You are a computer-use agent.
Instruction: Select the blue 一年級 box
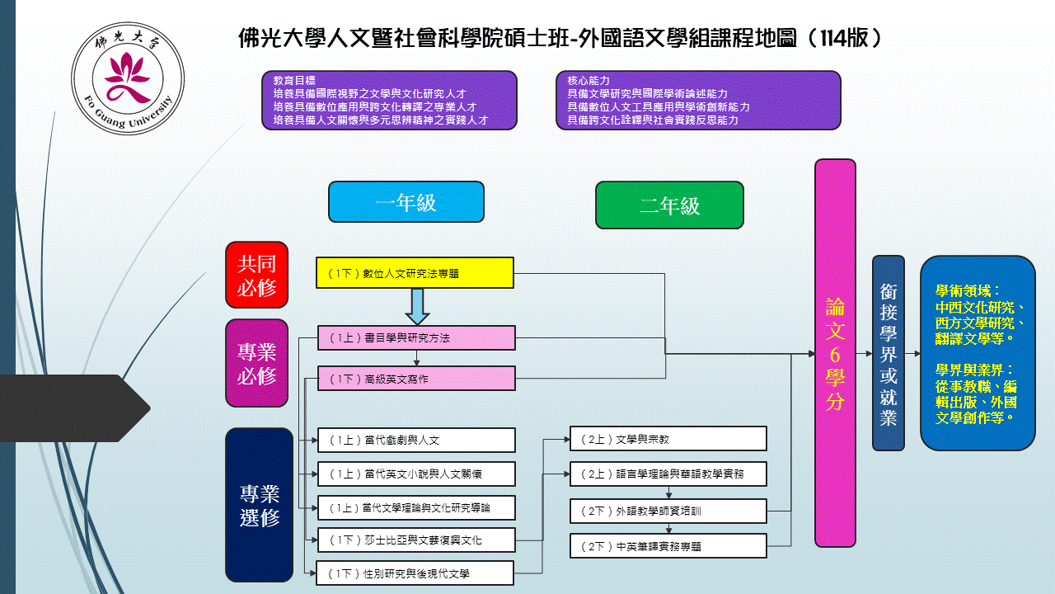pyautogui.click(x=406, y=202)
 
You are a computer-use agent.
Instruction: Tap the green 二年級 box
pyautogui.click(x=669, y=205)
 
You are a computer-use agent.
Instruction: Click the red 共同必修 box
pyautogui.click(x=257, y=274)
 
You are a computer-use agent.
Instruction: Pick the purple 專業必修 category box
pyautogui.click(x=257, y=363)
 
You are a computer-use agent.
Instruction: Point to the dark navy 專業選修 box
pyautogui.click(x=260, y=504)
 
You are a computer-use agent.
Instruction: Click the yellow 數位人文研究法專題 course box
pyautogui.click(x=415, y=273)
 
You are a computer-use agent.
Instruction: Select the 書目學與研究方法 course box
pyautogui.click(x=416, y=337)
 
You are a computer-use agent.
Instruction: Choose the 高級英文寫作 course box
pyautogui.click(x=416, y=379)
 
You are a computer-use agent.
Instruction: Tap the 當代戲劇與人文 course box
pyautogui.click(x=416, y=440)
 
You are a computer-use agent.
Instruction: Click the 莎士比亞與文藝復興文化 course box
pyautogui.click(x=416, y=540)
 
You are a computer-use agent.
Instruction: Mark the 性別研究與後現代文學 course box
pyautogui.click(x=416, y=573)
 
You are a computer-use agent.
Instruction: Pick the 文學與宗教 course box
pyautogui.click(x=668, y=439)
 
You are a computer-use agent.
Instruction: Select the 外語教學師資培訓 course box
pyautogui.click(x=668, y=511)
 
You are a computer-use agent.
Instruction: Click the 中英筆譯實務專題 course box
pyautogui.click(x=668, y=546)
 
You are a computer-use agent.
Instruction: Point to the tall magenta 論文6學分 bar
pyautogui.click(x=835, y=353)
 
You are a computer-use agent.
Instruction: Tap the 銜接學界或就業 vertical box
pyautogui.click(x=888, y=353)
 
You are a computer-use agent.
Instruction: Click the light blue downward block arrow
pyautogui.click(x=418, y=305)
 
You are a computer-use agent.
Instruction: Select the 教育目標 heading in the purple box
pyautogui.click(x=294, y=81)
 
